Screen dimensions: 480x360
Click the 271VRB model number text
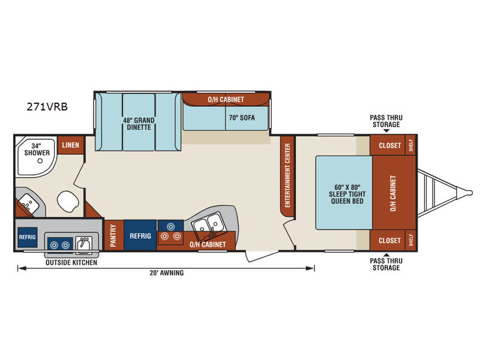(x=47, y=107)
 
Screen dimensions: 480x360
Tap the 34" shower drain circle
(x=40, y=160)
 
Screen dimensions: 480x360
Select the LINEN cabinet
(x=71, y=145)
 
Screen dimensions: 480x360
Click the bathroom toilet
(x=68, y=201)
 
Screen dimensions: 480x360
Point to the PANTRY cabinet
(x=113, y=235)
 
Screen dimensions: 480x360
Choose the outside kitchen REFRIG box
(x=27, y=237)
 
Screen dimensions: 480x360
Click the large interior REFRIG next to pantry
(x=140, y=235)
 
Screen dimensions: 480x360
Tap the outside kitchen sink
(x=83, y=244)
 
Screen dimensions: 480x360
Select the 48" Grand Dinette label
(x=139, y=124)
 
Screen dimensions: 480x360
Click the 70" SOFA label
(x=242, y=118)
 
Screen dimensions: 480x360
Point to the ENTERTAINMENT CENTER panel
(x=287, y=176)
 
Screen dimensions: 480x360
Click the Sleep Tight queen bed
(x=344, y=193)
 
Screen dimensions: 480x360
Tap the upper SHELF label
(x=411, y=145)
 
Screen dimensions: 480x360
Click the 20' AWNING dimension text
(x=167, y=272)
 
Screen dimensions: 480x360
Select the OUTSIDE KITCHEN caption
(x=71, y=262)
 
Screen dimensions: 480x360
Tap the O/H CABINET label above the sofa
(x=226, y=100)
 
